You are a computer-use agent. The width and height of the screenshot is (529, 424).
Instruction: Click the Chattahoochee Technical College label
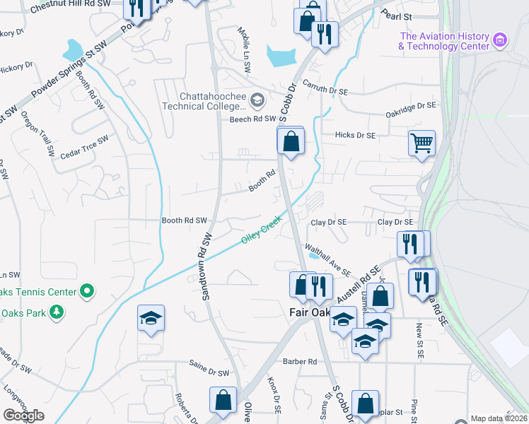(x=201, y=101)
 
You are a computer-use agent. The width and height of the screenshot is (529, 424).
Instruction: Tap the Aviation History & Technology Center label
(x=444, y=41)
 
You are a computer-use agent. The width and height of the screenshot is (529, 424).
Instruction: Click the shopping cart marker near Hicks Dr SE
(x=422, y=143)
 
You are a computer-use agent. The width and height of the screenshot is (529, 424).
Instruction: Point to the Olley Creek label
(x=261, y=230)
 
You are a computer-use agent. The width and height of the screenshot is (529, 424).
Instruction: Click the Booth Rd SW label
(x=184, y=220)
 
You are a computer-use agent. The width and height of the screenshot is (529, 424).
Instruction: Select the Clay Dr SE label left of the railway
(x=329, y=222)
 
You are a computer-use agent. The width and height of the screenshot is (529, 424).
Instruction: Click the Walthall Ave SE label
(x=327, y=259)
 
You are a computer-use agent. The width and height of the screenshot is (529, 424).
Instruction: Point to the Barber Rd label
(x=299, y=361)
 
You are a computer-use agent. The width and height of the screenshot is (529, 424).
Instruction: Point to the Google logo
(x=23, y=416)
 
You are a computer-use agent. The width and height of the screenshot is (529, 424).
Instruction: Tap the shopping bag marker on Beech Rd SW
(x=290, y=142)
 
